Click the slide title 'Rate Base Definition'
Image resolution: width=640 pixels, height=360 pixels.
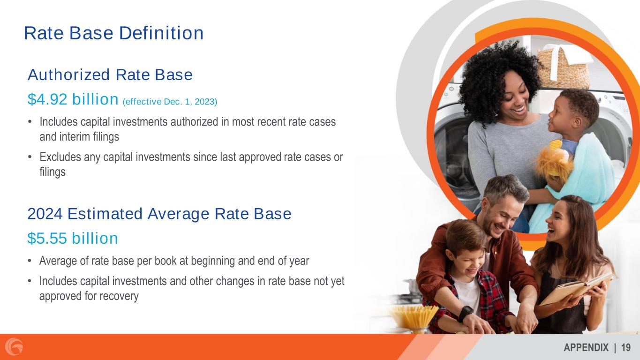(114, 33)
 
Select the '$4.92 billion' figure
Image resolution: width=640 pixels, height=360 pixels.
(73, 99)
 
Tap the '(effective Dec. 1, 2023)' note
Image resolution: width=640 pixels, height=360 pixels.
(170, 102)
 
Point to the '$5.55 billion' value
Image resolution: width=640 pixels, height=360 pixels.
(73, 238)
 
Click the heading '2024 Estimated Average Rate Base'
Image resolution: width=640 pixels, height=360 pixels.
(159, 214)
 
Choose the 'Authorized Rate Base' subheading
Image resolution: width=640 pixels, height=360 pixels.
(110, 75)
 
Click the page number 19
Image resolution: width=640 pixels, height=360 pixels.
(626, 348)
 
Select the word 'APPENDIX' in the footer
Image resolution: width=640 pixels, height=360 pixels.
(586, 348)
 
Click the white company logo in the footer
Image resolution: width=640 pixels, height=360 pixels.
(14, 347)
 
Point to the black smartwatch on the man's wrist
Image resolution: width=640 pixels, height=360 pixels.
(465, 314)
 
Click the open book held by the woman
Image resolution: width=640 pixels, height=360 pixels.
(576, 289)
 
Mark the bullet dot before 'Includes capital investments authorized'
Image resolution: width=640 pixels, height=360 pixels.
(30, 122)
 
